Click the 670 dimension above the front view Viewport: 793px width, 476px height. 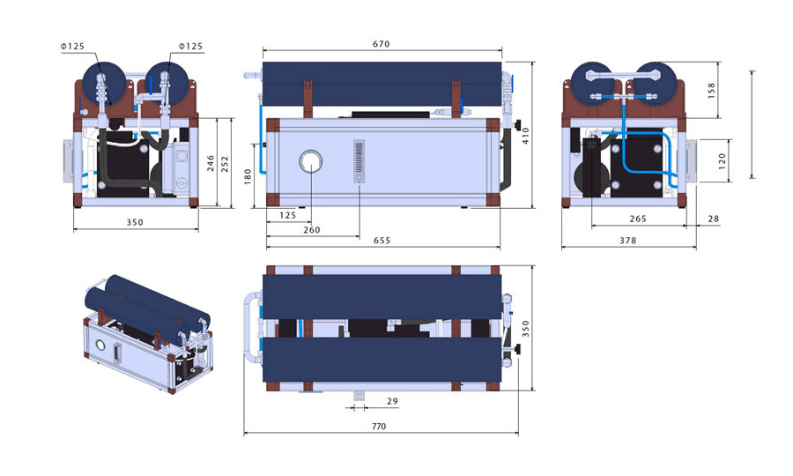click(381, 43)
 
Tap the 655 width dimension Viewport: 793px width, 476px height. click(382, 241)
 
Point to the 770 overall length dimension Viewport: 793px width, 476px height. click(380, 427)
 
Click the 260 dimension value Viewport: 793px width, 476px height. click(311, 230)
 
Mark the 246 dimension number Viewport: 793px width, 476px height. click(210, 163)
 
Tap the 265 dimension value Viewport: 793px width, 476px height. click(638, 218)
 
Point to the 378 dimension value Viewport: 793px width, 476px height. click(626, 240)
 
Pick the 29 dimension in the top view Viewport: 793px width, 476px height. click(392, 401)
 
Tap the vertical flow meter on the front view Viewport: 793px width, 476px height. click(359, 160)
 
